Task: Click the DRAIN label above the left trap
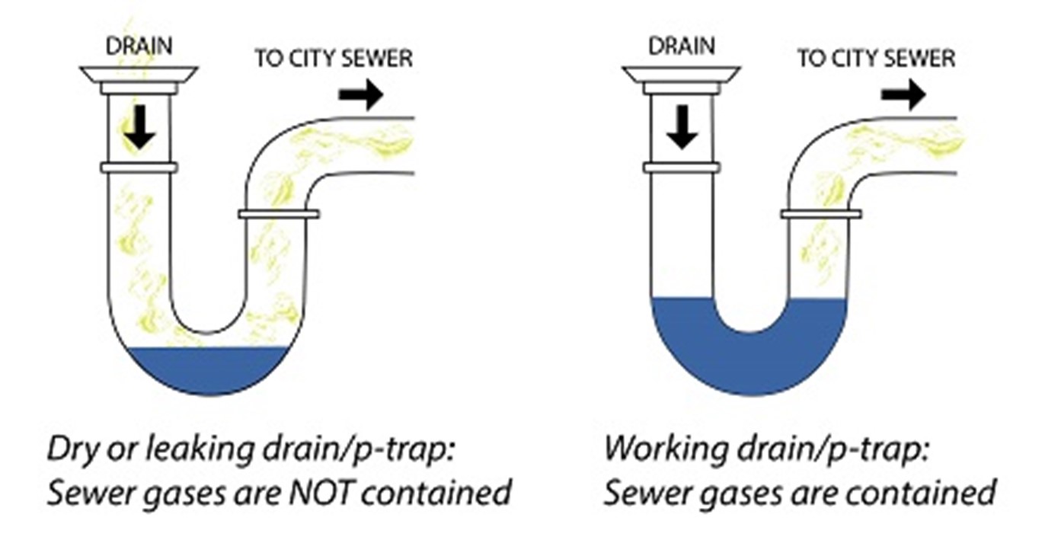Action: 139,46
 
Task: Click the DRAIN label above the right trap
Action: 681,46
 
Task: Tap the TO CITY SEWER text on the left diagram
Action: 333,59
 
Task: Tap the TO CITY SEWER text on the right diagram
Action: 875,59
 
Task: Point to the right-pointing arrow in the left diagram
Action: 361,95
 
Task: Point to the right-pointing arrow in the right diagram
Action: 903,95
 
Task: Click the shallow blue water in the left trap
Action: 208,369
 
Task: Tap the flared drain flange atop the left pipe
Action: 139,75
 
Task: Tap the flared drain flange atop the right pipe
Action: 681,75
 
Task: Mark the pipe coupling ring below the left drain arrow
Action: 139,168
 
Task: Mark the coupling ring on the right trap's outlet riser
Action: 820,214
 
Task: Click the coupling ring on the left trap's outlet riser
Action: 278,214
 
